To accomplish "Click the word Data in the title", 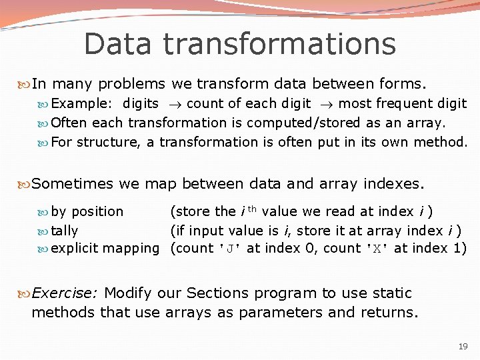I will coord(118,44).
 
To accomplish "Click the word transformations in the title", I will coord(279,44).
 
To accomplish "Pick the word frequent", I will coord(405,103).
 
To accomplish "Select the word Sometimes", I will coord(74,183).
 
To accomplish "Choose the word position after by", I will coord(97,211).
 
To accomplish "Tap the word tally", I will coord(65,231).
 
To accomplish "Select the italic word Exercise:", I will coord(65,293).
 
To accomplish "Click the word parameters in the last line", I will coord(251,312).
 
